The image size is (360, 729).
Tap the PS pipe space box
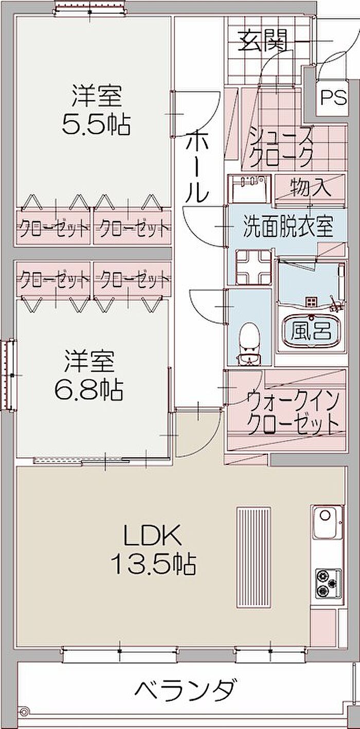point(334,97)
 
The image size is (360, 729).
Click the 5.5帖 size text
point(96,123)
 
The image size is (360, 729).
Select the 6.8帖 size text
point(89,389)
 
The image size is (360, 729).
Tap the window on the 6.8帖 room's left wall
point(10,375)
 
